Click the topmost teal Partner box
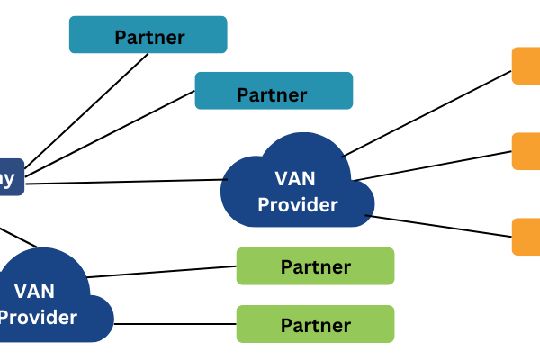(148, 35)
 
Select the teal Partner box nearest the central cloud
(274, 91)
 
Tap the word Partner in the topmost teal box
(149, 38)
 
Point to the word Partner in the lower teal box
(272, 94)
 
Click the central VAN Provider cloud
(297, 184)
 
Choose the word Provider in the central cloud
(298, 205)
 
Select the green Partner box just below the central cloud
(315, 265)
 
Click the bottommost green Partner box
(315, 323)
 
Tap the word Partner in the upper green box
(315, 267)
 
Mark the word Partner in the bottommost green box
(315, 325)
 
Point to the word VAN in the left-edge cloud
(34, 291)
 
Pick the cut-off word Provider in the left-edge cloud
(38, 317)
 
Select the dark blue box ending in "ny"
(11, 176)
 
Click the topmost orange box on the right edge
(526, 66)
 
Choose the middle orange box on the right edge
(526, 151)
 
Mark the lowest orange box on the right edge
(526, 237)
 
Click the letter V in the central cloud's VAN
(281, 179)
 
